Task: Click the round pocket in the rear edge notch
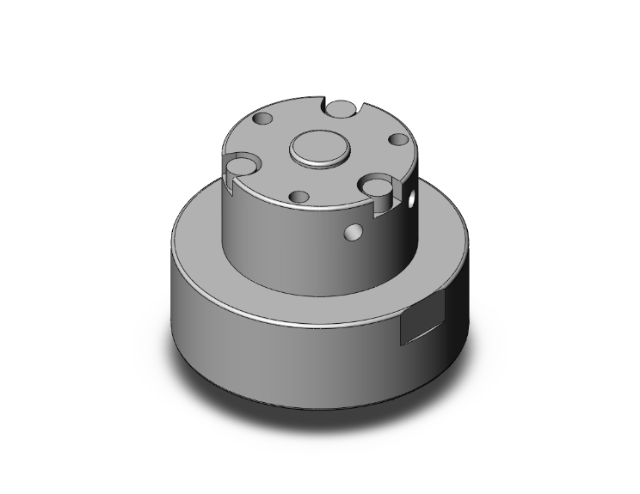342,108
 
